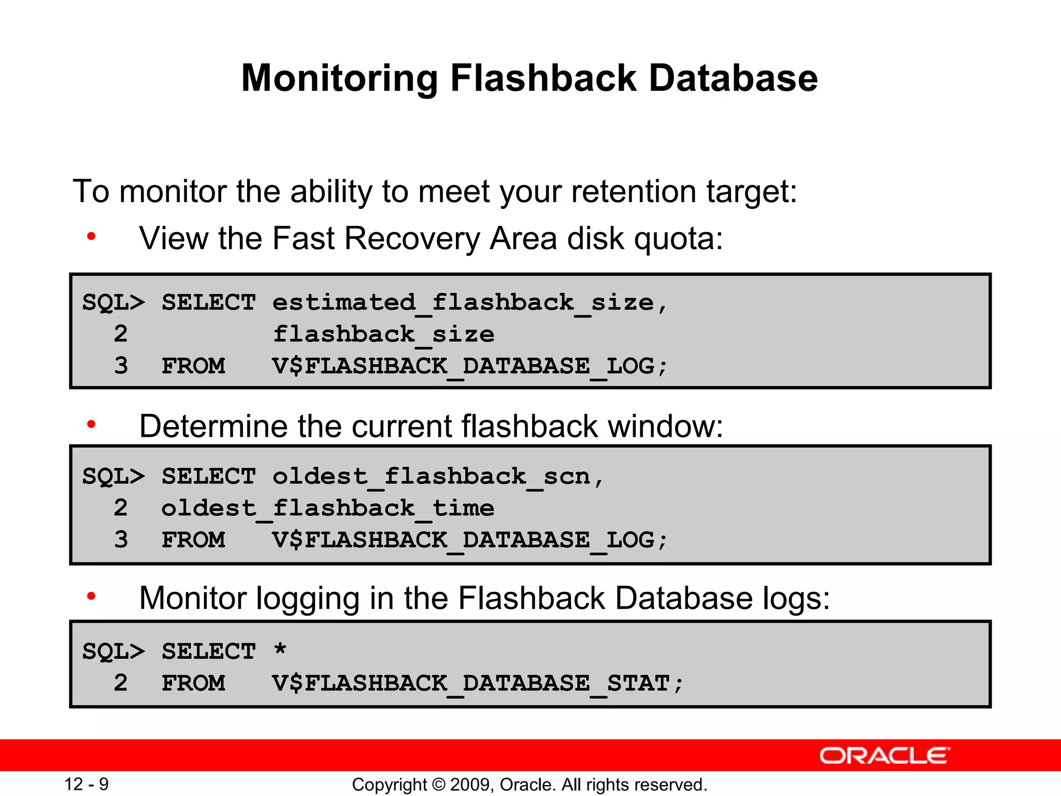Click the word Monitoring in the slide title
coord(340,79)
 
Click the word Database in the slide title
coord(733,79)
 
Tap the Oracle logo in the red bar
coord(884,756)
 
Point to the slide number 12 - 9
coord(86,784)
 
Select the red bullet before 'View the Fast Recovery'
coord(91,237)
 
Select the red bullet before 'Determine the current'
coord(91,425)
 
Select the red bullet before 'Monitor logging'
coord(91,596)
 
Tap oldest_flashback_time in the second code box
coord(327,508)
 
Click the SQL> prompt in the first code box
coord(113,303)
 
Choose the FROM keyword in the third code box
coord(193,683)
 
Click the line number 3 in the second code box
coord(121,539)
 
